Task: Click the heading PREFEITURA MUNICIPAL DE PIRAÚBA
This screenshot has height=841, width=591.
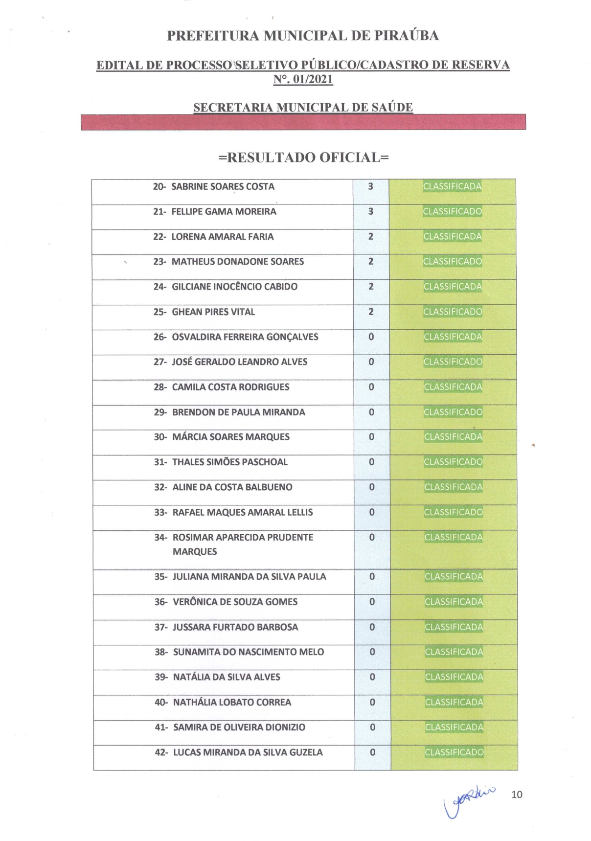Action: click(x=303, y=36)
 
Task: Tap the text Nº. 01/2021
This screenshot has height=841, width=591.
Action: click(x=303, y=79)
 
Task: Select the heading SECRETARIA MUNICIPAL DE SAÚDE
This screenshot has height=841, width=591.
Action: click(x=303, y=107)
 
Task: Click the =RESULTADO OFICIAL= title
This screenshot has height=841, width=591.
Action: click(x=303, y=158)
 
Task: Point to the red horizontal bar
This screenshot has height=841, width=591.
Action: click(x=303, y=122)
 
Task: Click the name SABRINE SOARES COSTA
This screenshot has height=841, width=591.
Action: click(x=223, y=186)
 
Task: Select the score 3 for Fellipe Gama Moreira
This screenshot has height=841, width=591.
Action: click(x=371, y=211)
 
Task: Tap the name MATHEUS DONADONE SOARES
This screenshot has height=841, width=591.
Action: click(x=237, y=261)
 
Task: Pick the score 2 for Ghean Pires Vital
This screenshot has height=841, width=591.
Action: click(x=371, y=312)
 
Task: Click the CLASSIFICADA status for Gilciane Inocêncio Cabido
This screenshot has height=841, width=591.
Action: click(x=453, y=286)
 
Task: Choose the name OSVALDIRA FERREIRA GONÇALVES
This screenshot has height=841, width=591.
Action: click(x=245, y=337)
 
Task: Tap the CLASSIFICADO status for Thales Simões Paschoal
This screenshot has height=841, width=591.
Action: click(x=453, y=461)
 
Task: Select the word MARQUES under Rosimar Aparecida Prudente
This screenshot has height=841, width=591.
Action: click(x=194, y=551)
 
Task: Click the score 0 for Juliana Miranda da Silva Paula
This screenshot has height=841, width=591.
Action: click(x=372, y=576)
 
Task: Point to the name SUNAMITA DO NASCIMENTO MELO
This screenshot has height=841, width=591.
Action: click(x=248, y=652)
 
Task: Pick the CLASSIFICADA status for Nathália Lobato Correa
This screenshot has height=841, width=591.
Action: click(x=454, y=702)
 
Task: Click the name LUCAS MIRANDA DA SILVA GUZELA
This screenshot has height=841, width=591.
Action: click(x=248, y=752)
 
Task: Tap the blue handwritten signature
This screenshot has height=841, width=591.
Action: click(x=467, y=799)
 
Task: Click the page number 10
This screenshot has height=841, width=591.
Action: click(x=517, y=795)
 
